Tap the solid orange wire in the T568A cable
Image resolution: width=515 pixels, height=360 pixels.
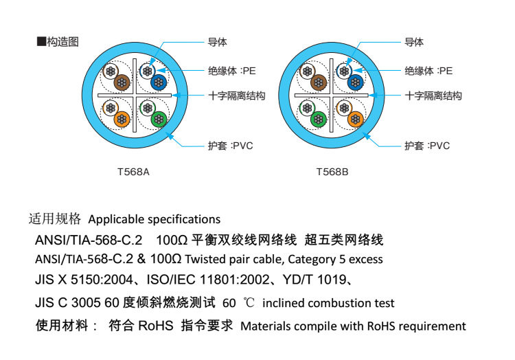pyautogui.click(x=121, y=119)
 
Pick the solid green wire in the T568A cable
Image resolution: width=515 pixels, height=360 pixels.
pyautogui.click(x=159, y=120)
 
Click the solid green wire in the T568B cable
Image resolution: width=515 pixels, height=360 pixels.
pyautogui.click(x=318, y=119)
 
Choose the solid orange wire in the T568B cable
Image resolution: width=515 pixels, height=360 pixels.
pyautogui.click(x=355, y=120)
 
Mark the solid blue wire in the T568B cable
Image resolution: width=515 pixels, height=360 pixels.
pyautogui.click(x=354, y=82)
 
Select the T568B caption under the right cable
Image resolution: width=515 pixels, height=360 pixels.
pyautogui.click(x=332, y=172)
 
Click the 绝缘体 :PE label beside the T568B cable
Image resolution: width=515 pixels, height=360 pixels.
pyautogui.click(x=428, y=71)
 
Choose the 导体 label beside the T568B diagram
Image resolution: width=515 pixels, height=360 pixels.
pyautogui.click(x=414, y=43)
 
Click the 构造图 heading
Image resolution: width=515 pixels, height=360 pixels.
pyautogui.click(x=62, y=42)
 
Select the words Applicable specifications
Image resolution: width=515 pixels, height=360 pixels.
pyautogui.click(x=154, y=219)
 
